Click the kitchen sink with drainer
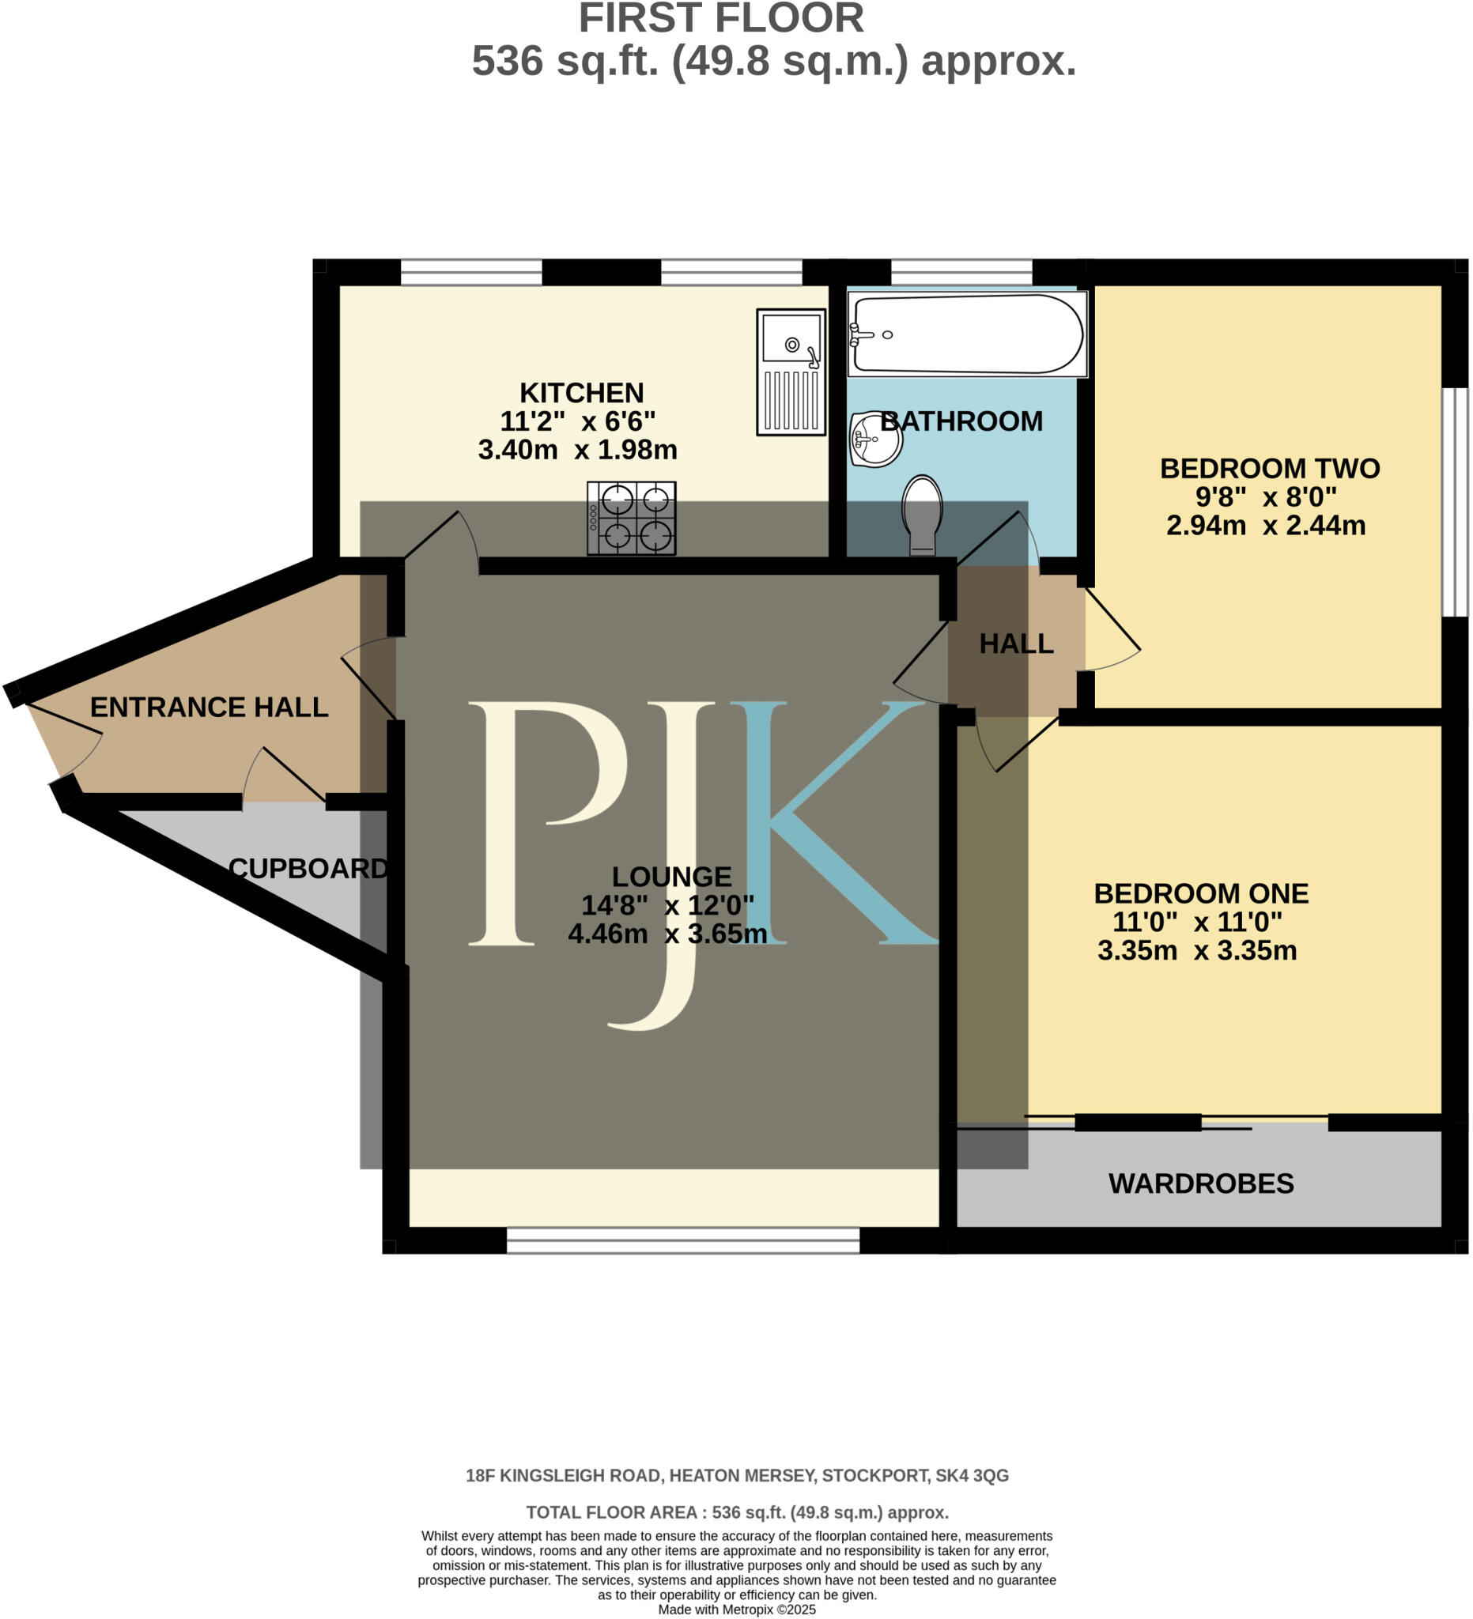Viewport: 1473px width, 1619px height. (791, 372)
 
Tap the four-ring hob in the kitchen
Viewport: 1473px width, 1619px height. (631, 518)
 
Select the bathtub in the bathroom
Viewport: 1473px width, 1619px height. (967, 334)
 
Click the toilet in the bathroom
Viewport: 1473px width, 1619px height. (922, 514)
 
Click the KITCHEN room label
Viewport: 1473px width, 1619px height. (581, 393)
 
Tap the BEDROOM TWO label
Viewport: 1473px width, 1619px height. (1269, 468)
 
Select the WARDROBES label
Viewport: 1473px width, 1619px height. (1201, 1183)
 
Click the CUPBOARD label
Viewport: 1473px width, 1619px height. (308, 868)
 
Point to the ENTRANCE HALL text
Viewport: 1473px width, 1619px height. (209, 707)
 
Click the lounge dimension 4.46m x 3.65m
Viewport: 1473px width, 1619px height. (667, 934)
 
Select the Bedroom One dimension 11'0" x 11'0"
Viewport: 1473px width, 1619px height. (1197, 922)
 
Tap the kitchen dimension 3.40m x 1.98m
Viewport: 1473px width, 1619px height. (577, 450)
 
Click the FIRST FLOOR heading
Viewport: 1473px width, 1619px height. (720, 19)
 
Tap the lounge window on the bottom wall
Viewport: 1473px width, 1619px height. (682, 1240)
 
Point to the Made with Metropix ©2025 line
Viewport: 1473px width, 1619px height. (737, 1610)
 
